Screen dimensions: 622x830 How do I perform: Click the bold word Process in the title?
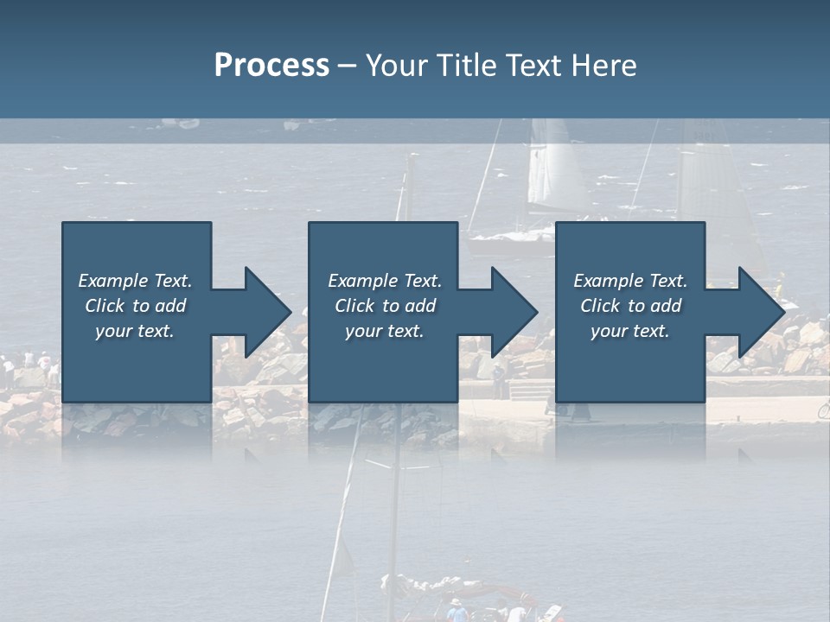pyautogui.click(x=271, y=66)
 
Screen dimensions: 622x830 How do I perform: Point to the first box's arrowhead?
pyautogui.click(x=264, y=312)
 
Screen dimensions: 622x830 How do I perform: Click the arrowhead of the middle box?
pyautogui.click(x=511, y=312)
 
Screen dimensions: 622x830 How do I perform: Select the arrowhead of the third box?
pyautogui.click(x=758, y=312)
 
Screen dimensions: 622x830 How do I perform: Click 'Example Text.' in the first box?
pyautogui.click(x=136, y=281)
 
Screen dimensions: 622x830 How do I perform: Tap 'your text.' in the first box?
pyautogui.click(x=136, y=331)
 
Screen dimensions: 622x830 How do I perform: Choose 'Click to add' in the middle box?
pyautogui.click(x=385, y=306)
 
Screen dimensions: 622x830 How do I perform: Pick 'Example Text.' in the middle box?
pyautogui.click(x=385, y=281)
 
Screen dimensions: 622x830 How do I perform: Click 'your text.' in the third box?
pyautogui.click(x=630, y=331)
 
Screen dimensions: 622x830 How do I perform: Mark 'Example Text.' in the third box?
pyautogui.click(x=630, y=281)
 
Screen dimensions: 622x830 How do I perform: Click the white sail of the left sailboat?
pyautogui.click(x=553, y=173)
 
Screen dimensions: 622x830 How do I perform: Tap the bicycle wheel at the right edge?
pyautogui.click(x=824, y=409)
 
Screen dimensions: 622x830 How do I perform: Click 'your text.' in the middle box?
pyautogui.click(x=385, y=331)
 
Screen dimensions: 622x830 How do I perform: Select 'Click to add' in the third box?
pyautogui.click(x=630, y=306)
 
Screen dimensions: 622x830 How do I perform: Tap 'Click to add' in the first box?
pyautogui.click(x=136, y=306)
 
